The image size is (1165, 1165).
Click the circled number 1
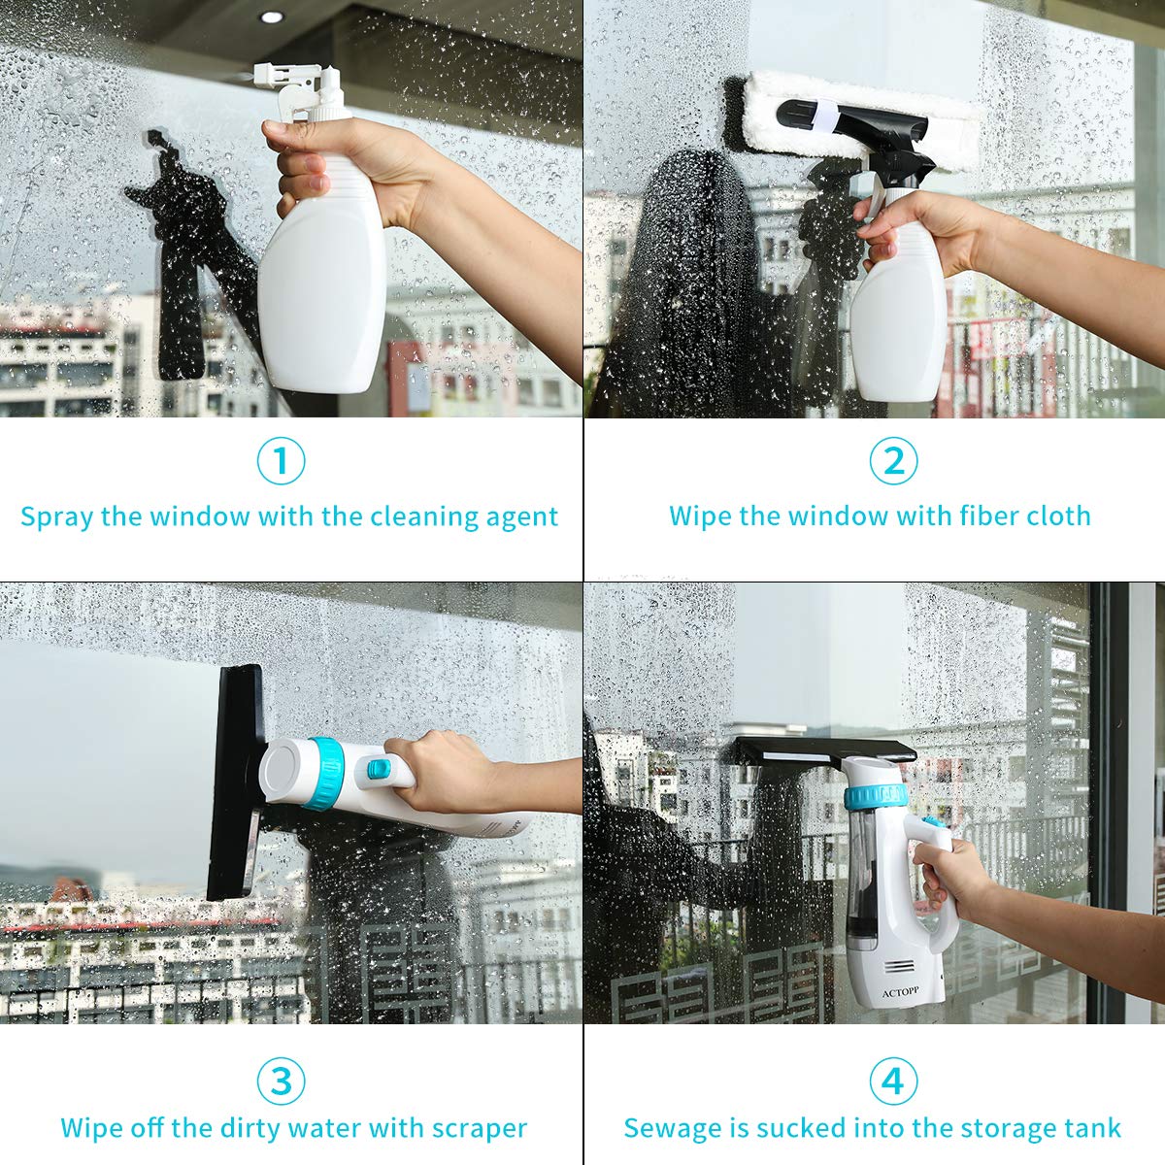pyautogui.click(x=281, y=461)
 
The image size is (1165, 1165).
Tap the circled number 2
pyautogui.click(x=893, y=461)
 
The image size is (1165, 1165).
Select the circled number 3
pyautogui.click(x=281, y=1081)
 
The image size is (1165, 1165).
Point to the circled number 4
pyautogui.click(x=893, y=1081)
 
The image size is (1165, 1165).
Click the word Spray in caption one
pyautogui.click(x=57, y=517)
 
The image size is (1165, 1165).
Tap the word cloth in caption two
pyautogui.click(x=1058, y=516)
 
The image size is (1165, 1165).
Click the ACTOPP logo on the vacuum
pyautogui.click(x=900, y=993)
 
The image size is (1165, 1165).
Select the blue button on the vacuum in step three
pyautogui.click(x=379, y=768)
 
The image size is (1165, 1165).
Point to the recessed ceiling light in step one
pyautogui.click(x=272, y=17)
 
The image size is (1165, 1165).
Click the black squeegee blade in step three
pyautogui.click(x=234, y=782)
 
